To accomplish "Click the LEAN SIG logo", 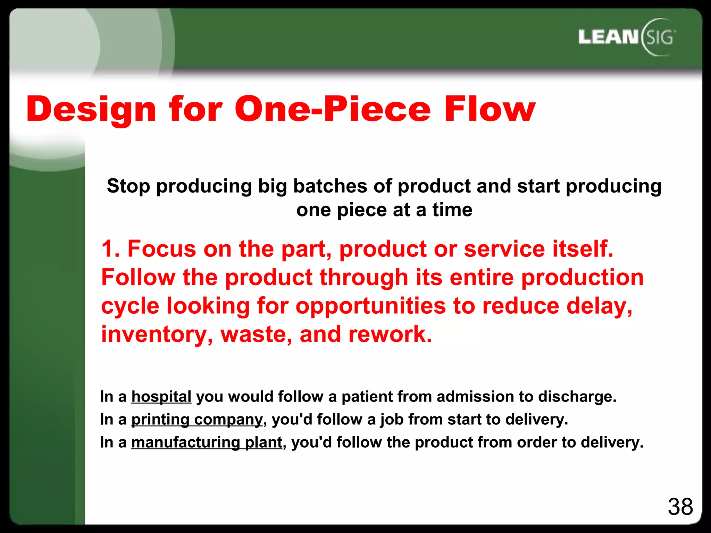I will [x=627, y=37].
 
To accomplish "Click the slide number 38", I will [x=680, y=507].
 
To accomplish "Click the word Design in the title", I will [x=91, y=109].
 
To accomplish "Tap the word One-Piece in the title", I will [x=333, y=109].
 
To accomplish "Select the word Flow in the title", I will [x=490, y=109].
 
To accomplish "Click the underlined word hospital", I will [x=161, y=397].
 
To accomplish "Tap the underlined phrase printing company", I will [x=197, y=420].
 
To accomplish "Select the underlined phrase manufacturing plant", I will [x=207, y=442].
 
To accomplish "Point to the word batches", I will [x=330, y=186].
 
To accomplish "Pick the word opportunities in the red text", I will [x=370, y=306].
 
